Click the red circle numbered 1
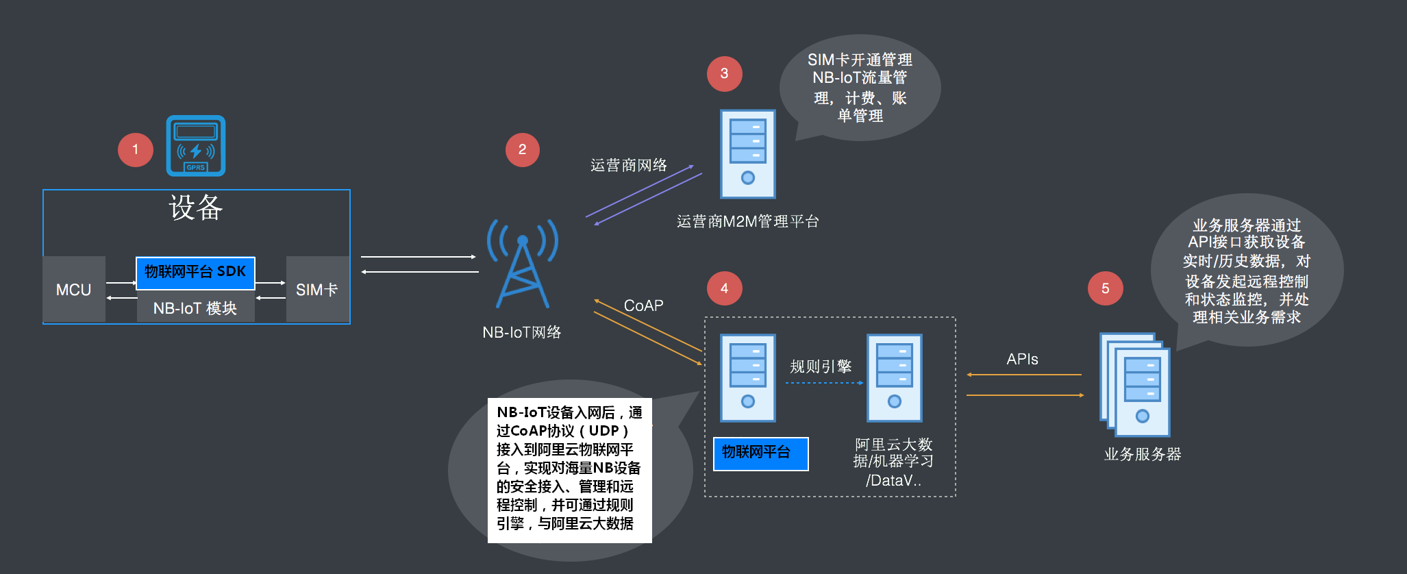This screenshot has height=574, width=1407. coord(135,150)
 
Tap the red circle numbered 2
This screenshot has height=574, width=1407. coord(522,150)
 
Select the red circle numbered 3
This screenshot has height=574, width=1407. coord(724,74)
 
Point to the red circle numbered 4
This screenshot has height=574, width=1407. coord(724,288)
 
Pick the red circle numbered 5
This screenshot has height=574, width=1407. coord(1105,288)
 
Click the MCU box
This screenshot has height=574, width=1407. coord(74,290)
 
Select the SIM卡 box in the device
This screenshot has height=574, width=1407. coord(317,290)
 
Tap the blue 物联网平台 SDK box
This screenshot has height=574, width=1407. coord(195,273)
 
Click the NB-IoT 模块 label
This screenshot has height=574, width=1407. coord(195,308)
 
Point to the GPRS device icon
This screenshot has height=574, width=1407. coord(196,146)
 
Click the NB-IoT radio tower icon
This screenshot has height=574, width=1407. coord(522,264)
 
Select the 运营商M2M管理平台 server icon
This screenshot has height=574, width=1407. coord(747,154)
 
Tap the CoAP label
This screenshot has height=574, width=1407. coord(643,305)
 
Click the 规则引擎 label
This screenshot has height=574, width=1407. coord(821,366)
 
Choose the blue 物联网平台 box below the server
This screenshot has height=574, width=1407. coord(760,453)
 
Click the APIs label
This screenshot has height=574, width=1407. coord(1022,360)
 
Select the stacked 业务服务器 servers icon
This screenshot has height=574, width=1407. coord(1135,384)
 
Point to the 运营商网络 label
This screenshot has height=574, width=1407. coord(628,165)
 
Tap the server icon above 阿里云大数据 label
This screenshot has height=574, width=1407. coord(894,377)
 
